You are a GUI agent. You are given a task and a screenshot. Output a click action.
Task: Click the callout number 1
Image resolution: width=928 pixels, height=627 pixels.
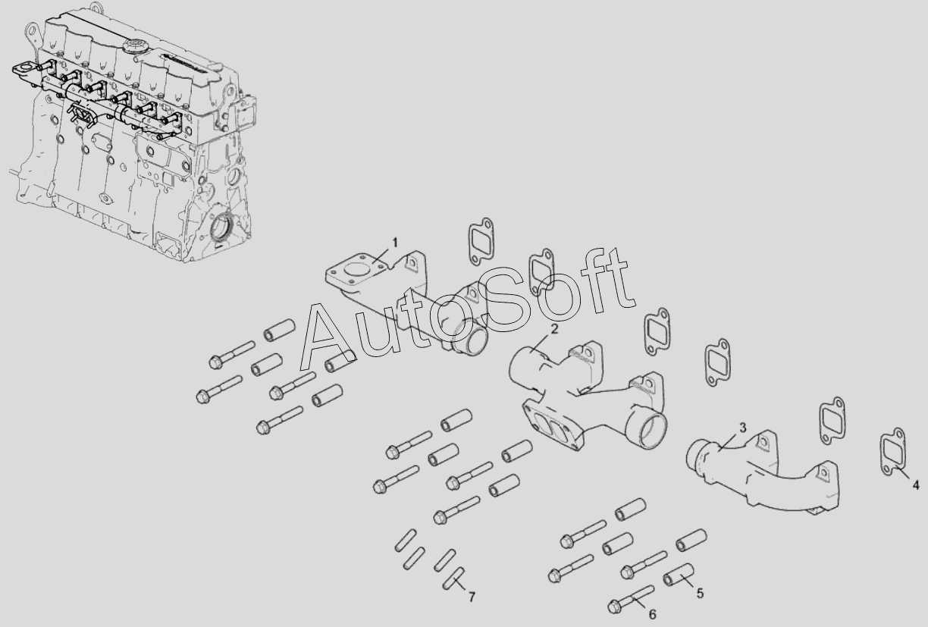395,243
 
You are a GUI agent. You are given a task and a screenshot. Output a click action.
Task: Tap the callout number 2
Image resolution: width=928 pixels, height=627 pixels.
554,329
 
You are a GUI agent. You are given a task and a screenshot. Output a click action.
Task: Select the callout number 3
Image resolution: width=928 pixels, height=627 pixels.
742,428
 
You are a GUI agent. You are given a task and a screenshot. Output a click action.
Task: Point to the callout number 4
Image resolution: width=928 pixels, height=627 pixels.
916,484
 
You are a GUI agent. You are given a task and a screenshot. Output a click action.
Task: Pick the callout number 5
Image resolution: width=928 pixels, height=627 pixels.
700,594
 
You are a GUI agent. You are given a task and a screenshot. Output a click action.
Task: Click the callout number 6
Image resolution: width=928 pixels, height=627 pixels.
653,615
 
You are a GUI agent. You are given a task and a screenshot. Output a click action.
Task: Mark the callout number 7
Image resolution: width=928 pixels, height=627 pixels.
472,597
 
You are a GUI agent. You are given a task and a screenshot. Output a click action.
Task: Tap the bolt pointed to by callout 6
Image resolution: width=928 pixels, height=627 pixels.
631,599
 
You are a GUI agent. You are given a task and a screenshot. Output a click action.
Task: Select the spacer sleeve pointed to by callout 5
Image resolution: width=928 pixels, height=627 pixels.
679,575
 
